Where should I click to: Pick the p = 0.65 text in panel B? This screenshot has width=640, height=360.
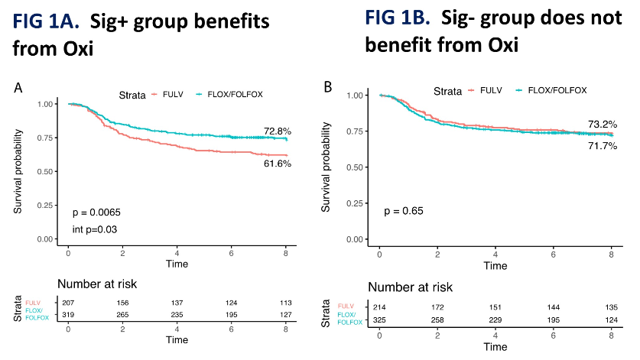(403, 211)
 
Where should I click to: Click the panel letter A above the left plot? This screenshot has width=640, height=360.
(18, 89)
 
